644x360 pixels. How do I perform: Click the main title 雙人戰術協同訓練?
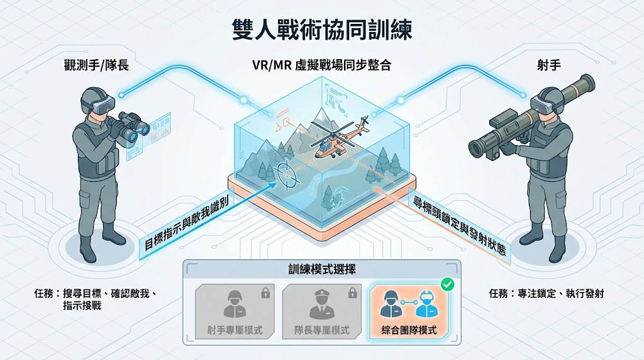(x=321, y=30)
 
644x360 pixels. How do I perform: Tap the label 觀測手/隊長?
(x=96, y=64)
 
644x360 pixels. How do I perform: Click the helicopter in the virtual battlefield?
(x=333, y=140)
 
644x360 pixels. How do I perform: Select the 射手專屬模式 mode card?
(x=234, y=311)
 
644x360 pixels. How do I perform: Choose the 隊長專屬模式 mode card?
(x=321, y=311)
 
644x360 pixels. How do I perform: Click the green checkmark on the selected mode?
(x=448, y=284)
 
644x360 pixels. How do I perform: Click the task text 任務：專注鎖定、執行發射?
(x=546, y=293)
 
